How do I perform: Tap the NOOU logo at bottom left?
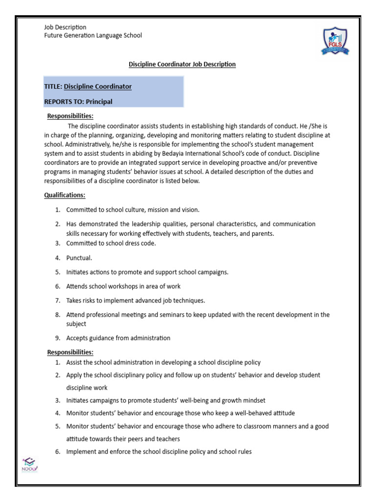coord(30,463)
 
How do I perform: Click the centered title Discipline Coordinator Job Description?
coord(182,64)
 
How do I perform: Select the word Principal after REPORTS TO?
coord(99,101)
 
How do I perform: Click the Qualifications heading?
coord(65,195)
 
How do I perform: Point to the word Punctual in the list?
coord(79,258)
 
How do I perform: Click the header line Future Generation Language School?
coord(93,35)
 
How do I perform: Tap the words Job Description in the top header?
coord(65,27)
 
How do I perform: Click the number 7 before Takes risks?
coord(57,300)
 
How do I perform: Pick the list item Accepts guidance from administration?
coord(118,338)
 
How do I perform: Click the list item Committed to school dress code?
coord(111,244)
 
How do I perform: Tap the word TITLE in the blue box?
coord(52,86)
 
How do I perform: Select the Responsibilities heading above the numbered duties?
coord(70,352)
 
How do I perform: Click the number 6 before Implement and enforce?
coord(57,452)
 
